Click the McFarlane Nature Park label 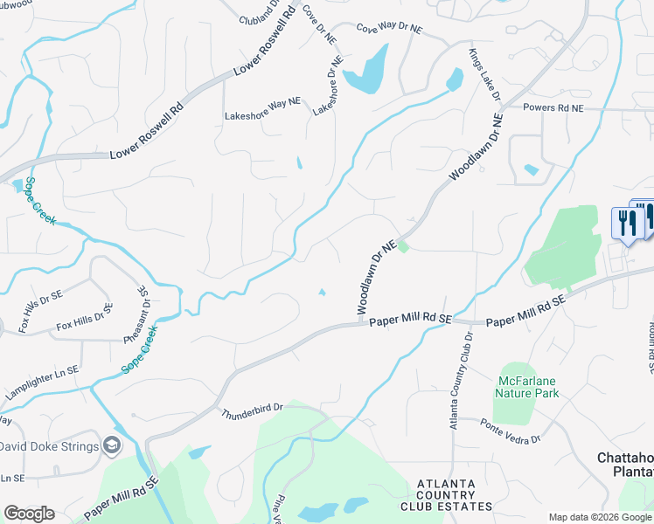[528, 387]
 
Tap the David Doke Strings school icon [112, 445]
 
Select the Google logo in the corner [29, 514]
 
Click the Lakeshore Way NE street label [262, 102]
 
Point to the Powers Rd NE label [553, 107]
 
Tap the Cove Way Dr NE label [389, 29]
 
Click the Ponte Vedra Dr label [511, 430]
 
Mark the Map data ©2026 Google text [599, 516]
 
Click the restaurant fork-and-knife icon [629, 223]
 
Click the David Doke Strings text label [48, 446]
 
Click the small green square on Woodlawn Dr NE [403, 247]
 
